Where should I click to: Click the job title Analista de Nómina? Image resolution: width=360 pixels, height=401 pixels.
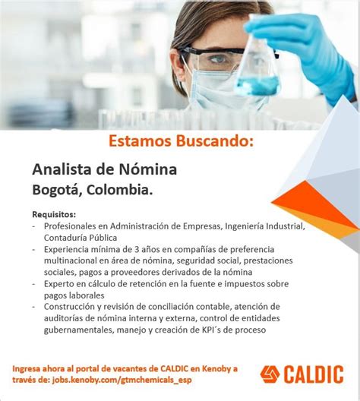click(x=105, y=168)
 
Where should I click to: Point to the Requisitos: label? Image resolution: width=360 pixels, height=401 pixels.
click(x=54, y=214)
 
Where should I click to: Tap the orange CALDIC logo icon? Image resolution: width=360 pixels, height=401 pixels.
click(x=270, y=374)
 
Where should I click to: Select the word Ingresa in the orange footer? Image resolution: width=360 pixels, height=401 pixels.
click(x=31, y=368)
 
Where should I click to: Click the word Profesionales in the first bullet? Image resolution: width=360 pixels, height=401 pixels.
click(x=74, y=226)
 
